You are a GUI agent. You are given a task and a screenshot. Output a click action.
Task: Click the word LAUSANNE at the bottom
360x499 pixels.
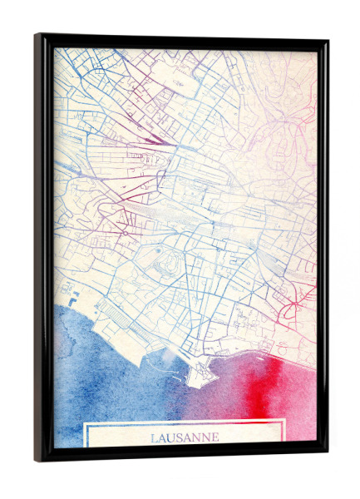pos(185,437)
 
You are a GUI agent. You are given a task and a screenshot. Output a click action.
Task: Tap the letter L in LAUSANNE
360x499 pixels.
pos(155,437)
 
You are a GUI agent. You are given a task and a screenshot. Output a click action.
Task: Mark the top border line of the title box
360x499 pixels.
pos(185,422)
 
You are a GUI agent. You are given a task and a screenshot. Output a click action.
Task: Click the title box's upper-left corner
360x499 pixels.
pos(85,422)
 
